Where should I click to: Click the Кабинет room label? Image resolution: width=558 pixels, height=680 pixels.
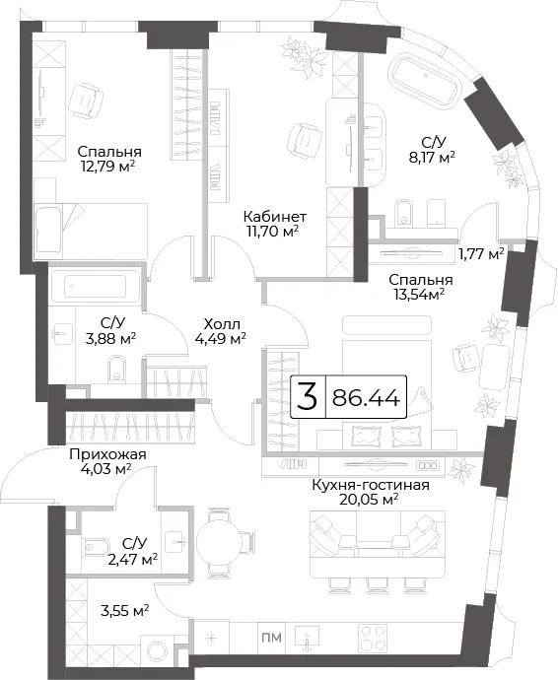tap(275, 216)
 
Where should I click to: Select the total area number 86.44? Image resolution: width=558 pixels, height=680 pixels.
tap(366, 398)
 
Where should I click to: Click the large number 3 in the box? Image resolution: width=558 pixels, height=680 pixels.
tap(308, 397)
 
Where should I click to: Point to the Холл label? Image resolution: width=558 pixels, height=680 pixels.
tap(221, 324)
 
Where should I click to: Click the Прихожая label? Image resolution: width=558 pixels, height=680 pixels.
tap(107, 454)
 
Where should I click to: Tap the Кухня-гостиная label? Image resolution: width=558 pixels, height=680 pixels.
tap(371, 485)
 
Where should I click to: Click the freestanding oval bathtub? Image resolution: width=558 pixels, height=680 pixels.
tap(426, 81)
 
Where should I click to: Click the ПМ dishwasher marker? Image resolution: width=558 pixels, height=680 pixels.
tap(272, 638)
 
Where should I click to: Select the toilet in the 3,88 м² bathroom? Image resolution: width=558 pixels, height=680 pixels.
tap(116, 369)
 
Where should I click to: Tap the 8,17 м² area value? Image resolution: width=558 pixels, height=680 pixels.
tap(432, 157)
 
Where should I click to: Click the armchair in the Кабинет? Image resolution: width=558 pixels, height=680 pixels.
tap(308, 141)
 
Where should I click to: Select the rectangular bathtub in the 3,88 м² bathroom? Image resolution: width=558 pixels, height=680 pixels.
tap(96, 287)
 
